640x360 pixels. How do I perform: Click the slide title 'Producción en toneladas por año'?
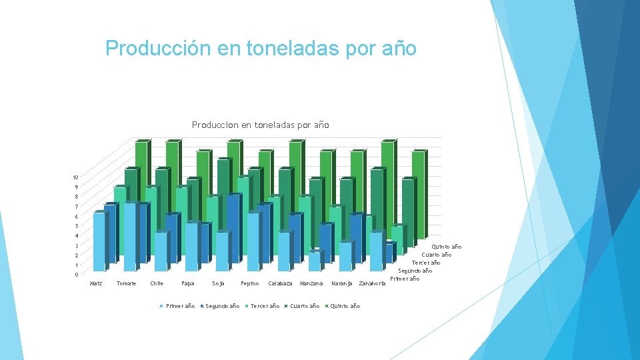point(261,49)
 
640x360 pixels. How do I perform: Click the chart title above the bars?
point(260,125)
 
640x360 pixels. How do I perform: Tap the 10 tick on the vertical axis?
point(76,177)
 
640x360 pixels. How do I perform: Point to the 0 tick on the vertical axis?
point(76,275)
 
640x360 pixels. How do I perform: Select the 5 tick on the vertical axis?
point(76,227)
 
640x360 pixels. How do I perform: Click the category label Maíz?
point(96,284)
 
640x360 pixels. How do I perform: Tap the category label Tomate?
point(126,284)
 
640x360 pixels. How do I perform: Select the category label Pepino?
point(249,284)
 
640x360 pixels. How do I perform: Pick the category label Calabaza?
point(280,284)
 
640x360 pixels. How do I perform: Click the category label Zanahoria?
point(372,284)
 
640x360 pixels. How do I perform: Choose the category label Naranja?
point(341,284)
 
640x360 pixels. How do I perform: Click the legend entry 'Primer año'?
point(178,306)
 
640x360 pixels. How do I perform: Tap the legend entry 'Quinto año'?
point(345,306)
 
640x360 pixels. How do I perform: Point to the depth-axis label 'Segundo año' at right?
point(415,271)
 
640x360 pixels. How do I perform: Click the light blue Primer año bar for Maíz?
point(99,241)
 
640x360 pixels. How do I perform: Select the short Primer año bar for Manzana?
point(314,261)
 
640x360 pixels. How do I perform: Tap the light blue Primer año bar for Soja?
point(222,251)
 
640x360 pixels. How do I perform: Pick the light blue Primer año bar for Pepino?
point(253,241)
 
